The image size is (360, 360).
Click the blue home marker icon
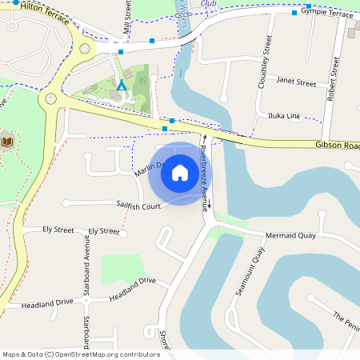tap(180, 173)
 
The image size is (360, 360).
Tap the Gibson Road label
tap(339, 146)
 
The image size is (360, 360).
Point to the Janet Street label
tap(296, 82)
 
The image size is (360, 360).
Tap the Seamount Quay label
tap(250, 272)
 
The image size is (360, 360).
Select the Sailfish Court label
tap(138, 206)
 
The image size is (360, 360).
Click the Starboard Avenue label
tap(86, 269)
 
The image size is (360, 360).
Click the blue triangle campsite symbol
tap(122, 85)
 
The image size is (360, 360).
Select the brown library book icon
tap(6, 141)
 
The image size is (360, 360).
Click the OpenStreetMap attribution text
tap(81, 354)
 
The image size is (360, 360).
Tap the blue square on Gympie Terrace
tap(294, 13)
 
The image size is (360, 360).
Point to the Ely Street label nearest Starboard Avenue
tap(104, 230)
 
